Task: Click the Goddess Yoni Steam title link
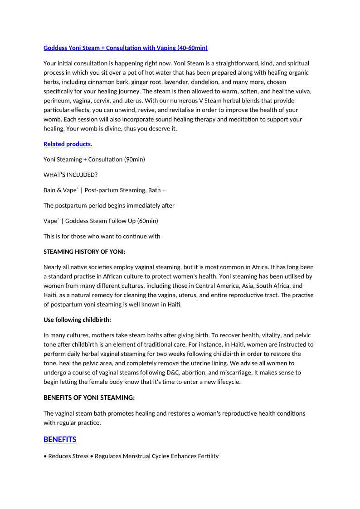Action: [125, 48]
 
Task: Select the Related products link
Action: [68, 144]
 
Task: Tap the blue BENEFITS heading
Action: [60, 440]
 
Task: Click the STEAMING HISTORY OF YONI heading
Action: [84, 252]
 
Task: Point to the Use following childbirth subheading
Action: [77, 320]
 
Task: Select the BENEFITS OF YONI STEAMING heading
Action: [89, 398]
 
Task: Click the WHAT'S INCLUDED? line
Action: [70, 175]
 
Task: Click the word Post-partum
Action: [101, 190]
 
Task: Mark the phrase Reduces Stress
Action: [68, 456]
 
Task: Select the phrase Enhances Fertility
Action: [195, 456]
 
